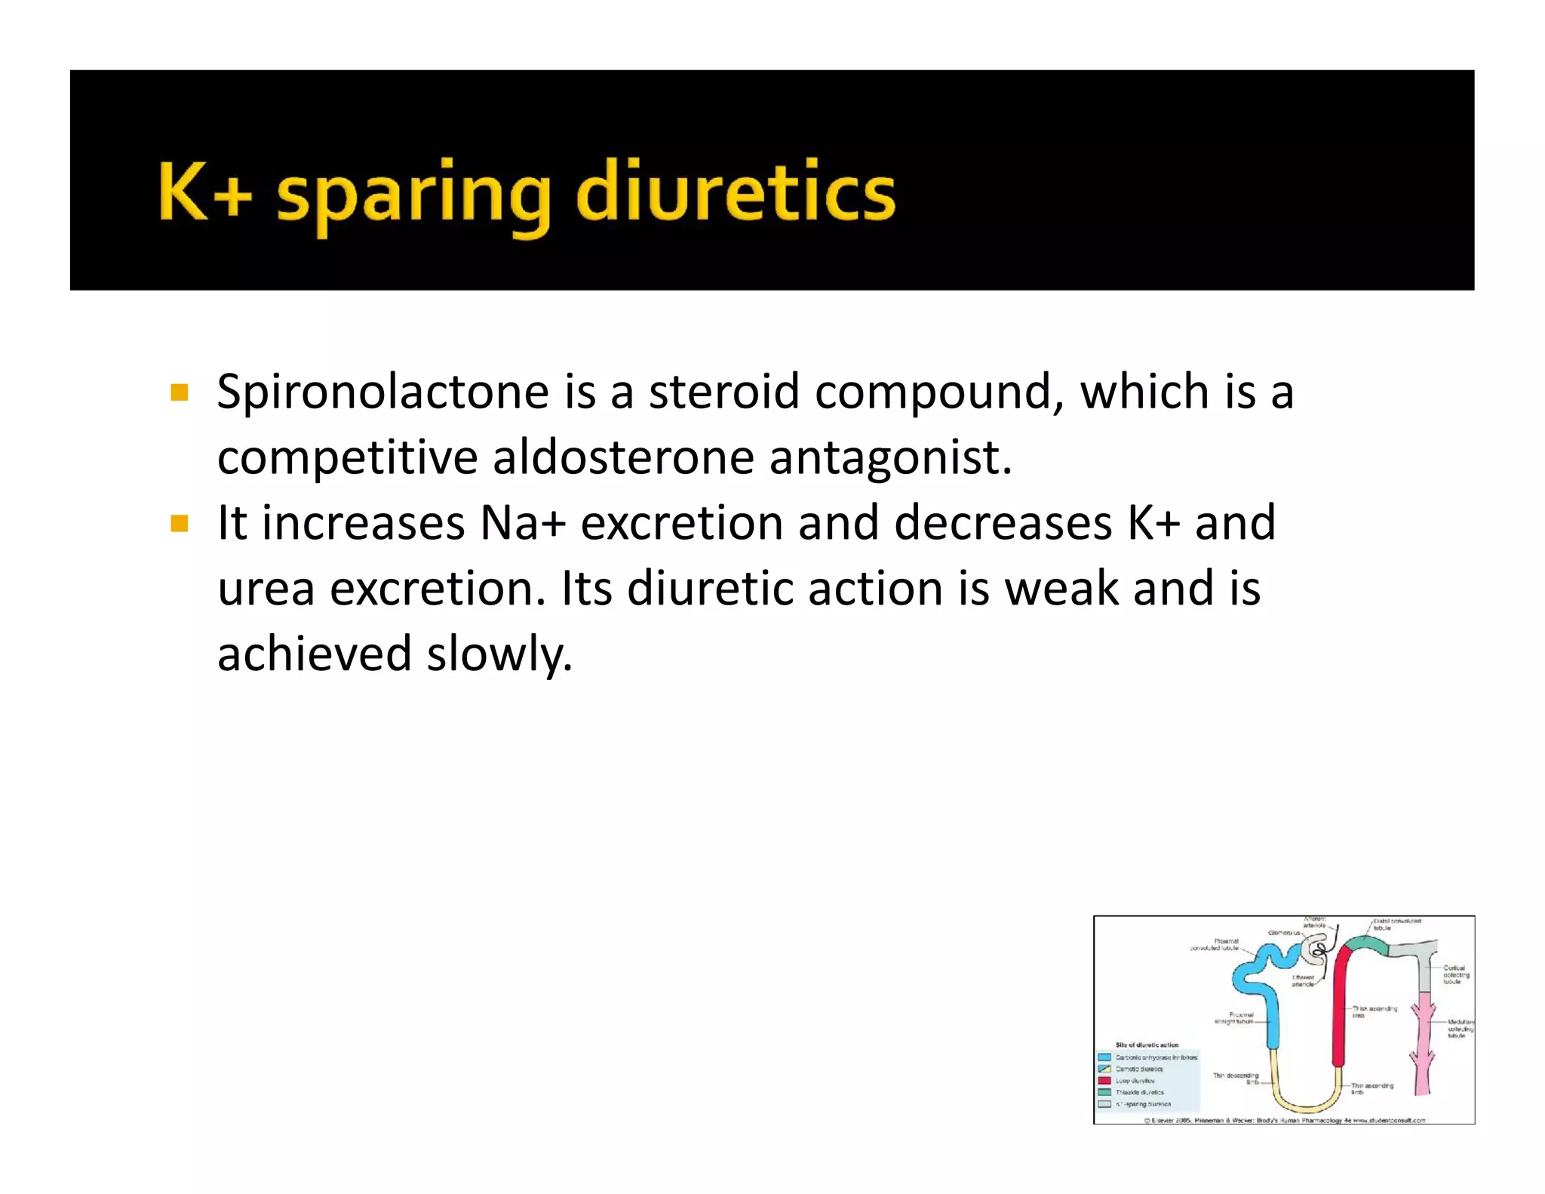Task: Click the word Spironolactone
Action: (383, 392)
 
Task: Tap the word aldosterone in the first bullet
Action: (623, 457)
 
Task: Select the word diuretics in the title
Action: (736, 193)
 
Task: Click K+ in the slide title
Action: (204, 193)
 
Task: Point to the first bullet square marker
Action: (179, 392)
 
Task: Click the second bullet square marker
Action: (179, 524)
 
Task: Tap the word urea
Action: (266, 589)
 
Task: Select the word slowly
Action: (499, 654)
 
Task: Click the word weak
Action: (1061, 589)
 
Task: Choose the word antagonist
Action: (890, 457)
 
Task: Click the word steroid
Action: (723, 392)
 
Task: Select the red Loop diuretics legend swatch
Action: (1104, 1081)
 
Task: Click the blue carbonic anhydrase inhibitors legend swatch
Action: (1104, 1057)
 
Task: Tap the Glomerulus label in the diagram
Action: (1284, 933)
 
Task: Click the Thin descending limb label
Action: (1236, 1079)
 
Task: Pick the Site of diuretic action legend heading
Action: (1147, 1045)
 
